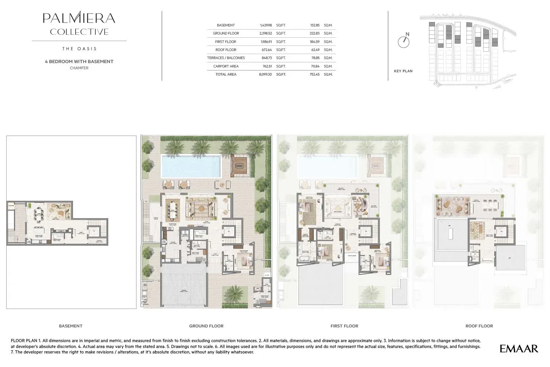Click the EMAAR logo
coord(519,349)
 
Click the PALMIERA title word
coord(79,18)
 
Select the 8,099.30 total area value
coord(265,74)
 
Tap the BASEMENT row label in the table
coord(225,25)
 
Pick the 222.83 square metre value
coord(314,33)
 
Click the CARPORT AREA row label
coord(225,66)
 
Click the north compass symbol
coord(404,41)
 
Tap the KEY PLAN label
coord(403,71)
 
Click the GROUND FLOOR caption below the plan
coord(206,326)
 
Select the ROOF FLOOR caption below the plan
coord(479,326)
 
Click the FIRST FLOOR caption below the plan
coord(344,326)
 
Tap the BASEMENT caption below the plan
coord(70,326)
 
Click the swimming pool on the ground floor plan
coord(191,166)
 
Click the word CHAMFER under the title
coord(79,68)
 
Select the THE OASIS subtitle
coord(79,49)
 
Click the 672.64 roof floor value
coord(266,50)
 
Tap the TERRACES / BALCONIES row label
coord(225,58)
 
